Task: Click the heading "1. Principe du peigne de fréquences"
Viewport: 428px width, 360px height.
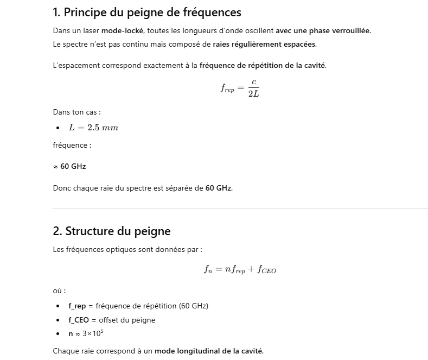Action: click(x=146, y=11)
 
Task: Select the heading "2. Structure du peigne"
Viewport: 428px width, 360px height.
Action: click(x=112, y=231)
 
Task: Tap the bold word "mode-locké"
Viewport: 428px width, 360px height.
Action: click(x=123, y=30)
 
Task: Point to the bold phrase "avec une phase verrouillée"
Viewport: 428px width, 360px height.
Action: click(x=323, y=30)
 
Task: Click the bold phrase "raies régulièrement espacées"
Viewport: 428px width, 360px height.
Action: click(x=265, y=44)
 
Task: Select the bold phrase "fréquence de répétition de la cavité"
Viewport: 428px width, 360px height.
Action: click(x=263, y=66)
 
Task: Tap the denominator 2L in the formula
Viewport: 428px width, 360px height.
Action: click(x=253, y=94)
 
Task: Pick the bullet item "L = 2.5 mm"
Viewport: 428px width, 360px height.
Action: click(x=93, y=128)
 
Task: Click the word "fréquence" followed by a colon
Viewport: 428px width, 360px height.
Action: click(x=70, y=145)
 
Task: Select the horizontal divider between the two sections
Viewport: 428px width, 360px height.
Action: click(x=240, y=208)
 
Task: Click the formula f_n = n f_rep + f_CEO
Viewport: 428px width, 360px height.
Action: click(x=240, y=269)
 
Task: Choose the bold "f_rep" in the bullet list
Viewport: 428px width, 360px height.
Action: click(x=77, y=306)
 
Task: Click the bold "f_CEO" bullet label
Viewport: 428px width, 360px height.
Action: click(x=79, y=320)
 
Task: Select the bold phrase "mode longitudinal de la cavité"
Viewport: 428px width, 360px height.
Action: click(x=209, y=351)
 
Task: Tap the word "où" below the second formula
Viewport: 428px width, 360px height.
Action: click(x=58, y=291)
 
